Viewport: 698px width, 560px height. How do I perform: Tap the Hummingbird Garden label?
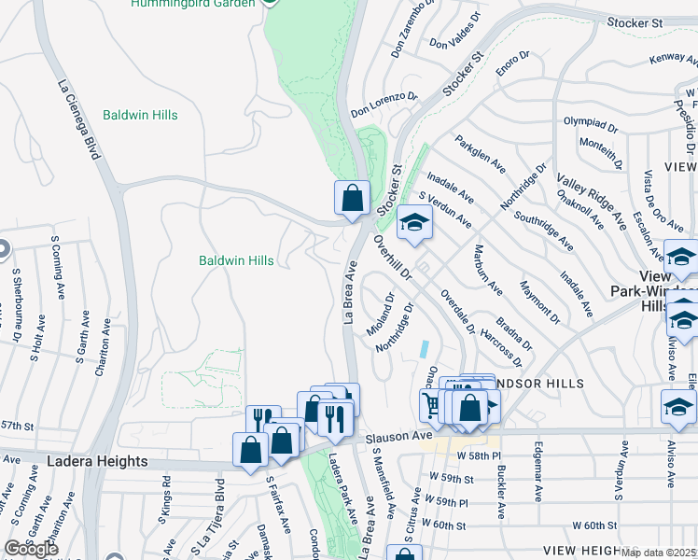192,4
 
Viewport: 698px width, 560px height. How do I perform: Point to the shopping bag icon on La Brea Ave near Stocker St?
351,198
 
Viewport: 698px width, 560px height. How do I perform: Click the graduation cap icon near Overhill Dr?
414,222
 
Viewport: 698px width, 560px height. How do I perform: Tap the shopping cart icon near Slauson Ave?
432,405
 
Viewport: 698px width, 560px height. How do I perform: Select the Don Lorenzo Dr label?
384,105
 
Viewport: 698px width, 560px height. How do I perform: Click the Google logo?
32,548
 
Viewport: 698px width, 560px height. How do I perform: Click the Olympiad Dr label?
591,122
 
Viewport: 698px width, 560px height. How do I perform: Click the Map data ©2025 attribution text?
658,553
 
